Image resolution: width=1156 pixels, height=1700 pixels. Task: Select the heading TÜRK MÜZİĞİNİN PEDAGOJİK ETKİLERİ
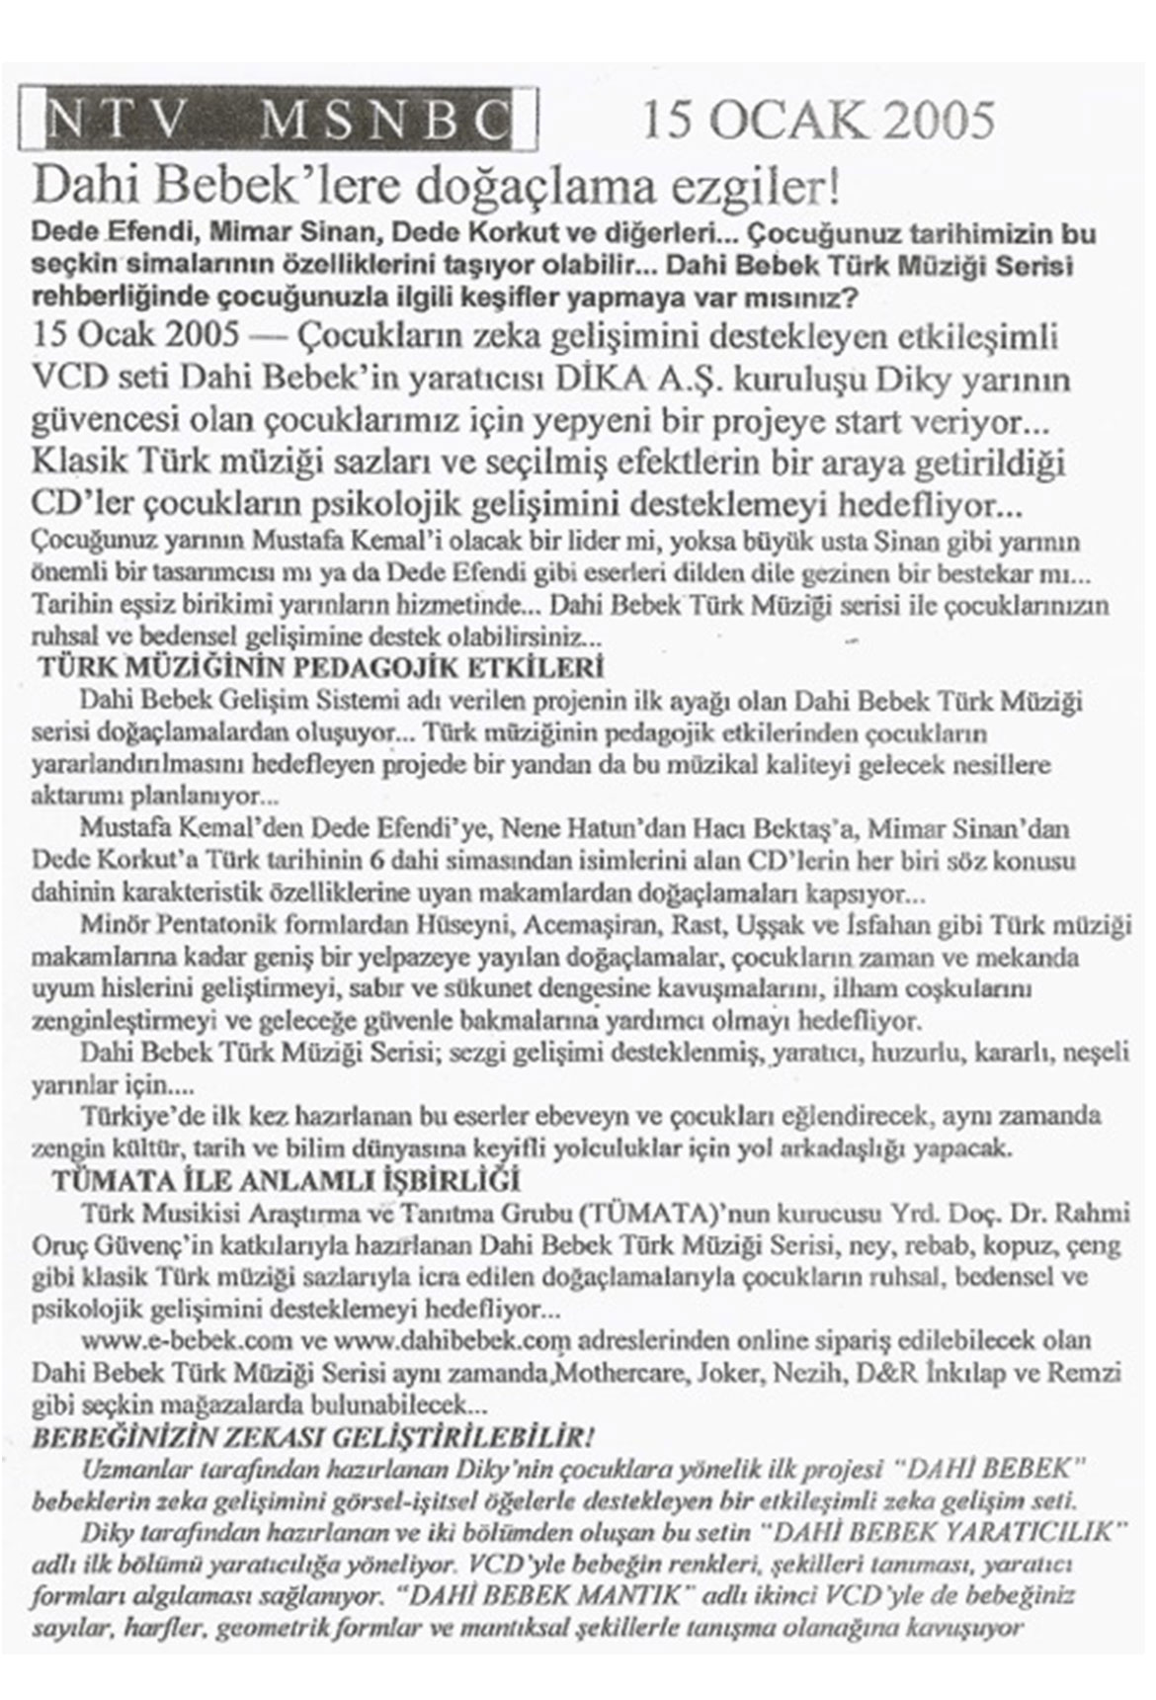[320, 669]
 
